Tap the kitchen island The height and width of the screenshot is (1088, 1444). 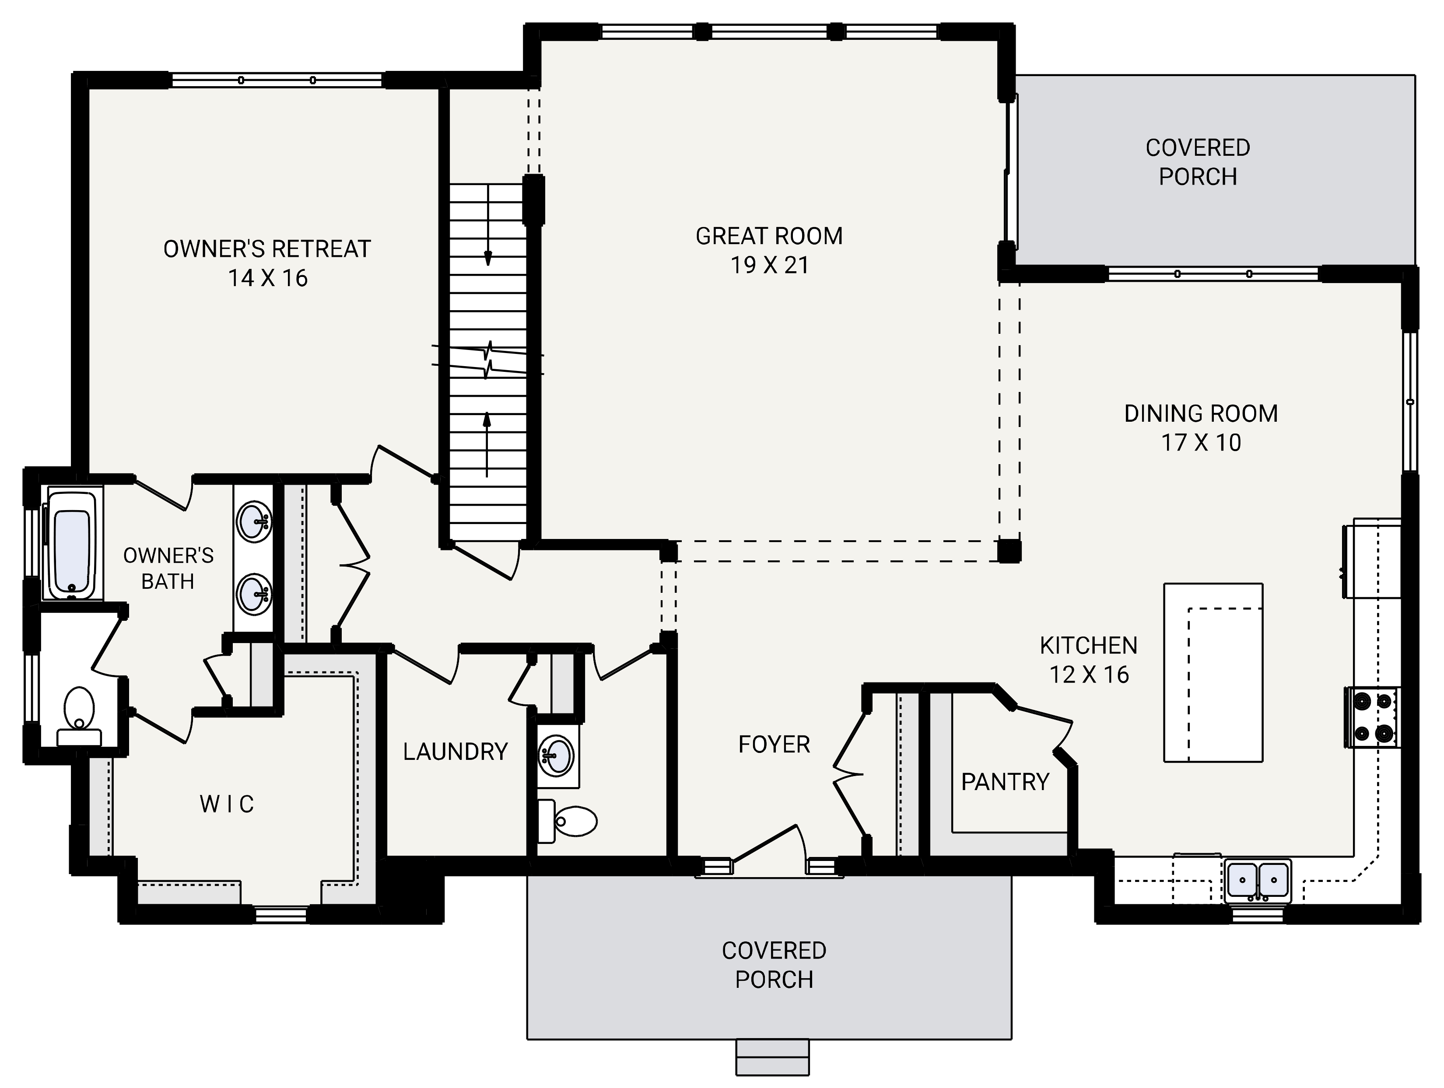click(1213, 672)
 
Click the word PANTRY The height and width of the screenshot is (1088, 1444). click(1005, 781)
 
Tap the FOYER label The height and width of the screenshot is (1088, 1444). click(774, 744)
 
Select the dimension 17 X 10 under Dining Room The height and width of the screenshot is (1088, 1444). click(1201, 443)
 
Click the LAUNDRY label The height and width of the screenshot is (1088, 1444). click(455, 752)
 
